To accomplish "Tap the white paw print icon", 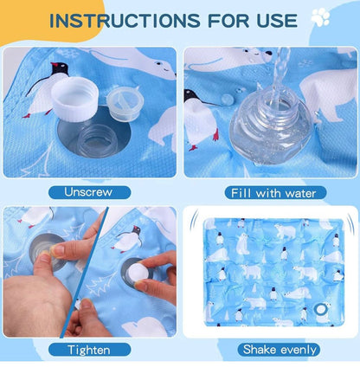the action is pyautogui.click(x=320, y=17).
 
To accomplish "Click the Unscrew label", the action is pyautogui.click(x=89, y=192).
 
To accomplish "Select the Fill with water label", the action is pyautogui.click(x=275, y=193).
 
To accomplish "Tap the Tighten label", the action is pyautogui.click(x=89, y=350).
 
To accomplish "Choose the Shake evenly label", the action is pyautogui.click(x=279, y=350).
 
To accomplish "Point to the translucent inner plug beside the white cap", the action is pyautogui.click(x=125, y=102).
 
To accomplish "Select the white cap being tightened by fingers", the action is pyautogui.click(x=138, y=274).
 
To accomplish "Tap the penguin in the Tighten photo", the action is pyautogui.click(x=126, y=239).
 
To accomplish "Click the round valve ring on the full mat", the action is pyautogui.click(x=320, y=310).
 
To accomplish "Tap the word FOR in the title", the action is pyautogui.click(x=228, y=21).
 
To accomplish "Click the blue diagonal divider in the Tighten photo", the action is pyautogui.click(x=85, y=272).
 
